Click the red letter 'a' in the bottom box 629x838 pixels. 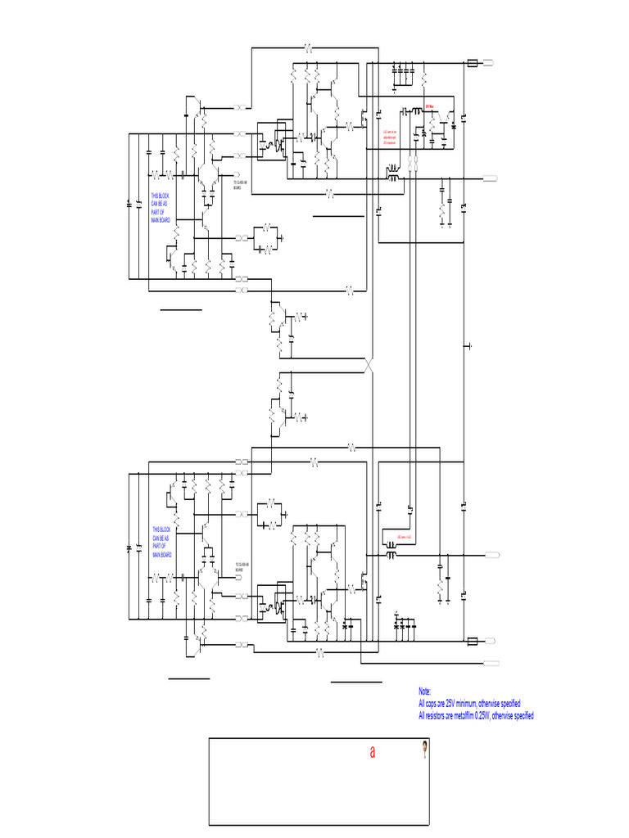tap(373, 753)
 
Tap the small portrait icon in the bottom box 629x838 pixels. tap(425, 748)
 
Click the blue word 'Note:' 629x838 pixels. tap(423, 692)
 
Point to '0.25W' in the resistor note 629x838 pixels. tap(489, 716)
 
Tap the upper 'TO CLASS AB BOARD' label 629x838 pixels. tap(242, 185)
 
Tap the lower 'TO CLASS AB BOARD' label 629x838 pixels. tap(242, 566)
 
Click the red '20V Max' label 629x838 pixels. tap(429, 106)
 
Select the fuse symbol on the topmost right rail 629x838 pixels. tap(473, 63)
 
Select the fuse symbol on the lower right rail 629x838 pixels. tap(473, 641)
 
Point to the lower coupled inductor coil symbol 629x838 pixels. tap(391, 555)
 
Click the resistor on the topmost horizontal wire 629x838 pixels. tap(309, 47)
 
